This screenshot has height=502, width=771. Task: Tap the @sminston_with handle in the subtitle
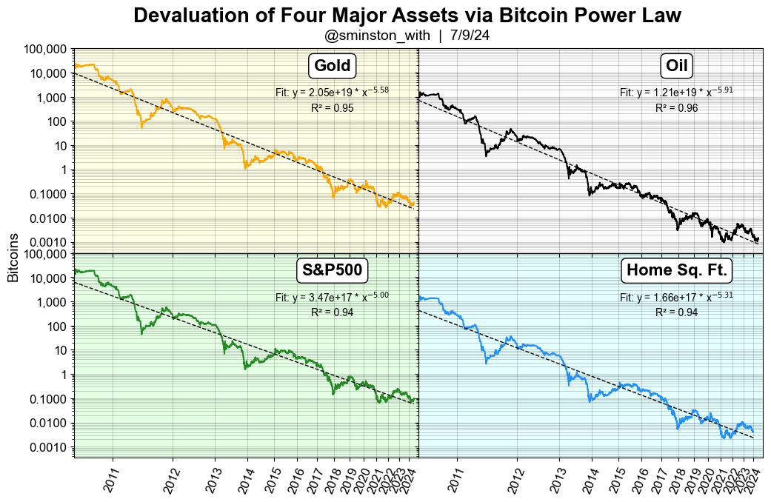377,35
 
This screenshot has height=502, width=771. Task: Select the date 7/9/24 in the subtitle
470,35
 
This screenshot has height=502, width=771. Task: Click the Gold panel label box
332,66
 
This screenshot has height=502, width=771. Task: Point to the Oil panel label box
676,66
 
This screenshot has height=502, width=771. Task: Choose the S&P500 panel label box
332,270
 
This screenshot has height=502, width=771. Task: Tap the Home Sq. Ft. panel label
676,270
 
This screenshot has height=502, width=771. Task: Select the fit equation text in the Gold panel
332,93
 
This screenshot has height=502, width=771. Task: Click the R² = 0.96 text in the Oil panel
676,108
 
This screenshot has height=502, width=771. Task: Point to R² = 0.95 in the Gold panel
332,108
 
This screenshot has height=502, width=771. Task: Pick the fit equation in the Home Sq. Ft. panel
676,298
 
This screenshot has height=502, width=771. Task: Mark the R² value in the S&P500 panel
332,312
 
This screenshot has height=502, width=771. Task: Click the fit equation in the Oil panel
676,93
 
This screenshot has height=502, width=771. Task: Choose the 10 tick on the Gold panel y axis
60,146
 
